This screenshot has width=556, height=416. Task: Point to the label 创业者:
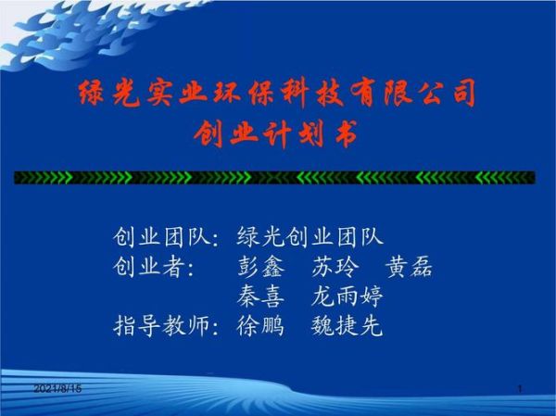[x=154, y=267]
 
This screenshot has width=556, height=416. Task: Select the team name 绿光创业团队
[x=310, y=237]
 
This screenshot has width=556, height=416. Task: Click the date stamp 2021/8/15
[x=57, y=387]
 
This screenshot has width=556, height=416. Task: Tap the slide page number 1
[x=521, y=387]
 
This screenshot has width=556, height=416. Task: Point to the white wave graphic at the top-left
[x=83, y=37]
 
